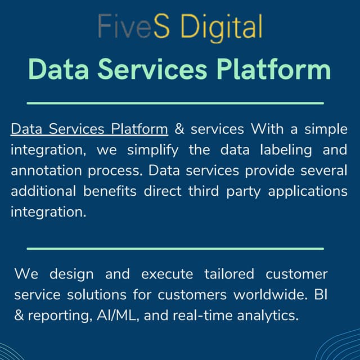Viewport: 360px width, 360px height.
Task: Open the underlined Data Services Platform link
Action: coord(89,129)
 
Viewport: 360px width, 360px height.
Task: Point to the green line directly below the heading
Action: coord(175,103)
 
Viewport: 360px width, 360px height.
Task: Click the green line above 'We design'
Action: coord(175,248)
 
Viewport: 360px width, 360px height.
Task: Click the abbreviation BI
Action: coord(319,295)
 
